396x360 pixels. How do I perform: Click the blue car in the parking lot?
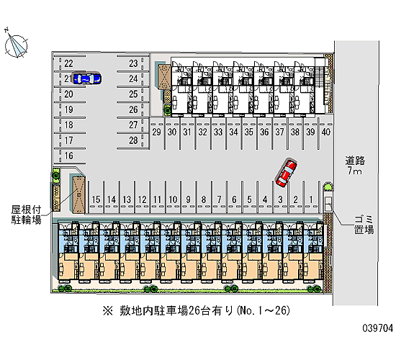click(87, 78)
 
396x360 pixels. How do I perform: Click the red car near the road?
click(286, 173)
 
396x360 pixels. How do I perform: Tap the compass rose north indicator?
click(16, 45)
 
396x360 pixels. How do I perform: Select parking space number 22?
click(68, 63)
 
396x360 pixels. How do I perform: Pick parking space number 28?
click(133, 140)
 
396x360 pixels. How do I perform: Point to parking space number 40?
click(326, 132)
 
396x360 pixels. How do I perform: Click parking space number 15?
click(96, 199)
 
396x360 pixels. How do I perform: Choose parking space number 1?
click(311, 199)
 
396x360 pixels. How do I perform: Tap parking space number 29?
click(156, 132)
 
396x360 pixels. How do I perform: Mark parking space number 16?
click(68, 156)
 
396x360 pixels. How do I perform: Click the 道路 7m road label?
click(355, 166)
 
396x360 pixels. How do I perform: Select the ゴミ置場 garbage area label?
click(364, 225)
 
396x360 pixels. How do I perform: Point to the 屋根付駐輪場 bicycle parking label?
click(26, 215)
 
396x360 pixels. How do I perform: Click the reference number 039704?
click(378, 328)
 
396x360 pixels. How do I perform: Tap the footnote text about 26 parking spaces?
click(197, 310)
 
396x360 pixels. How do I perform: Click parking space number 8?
click(204, 199)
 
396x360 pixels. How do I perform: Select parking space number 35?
click(249, 132)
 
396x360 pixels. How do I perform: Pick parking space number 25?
click(133, 94)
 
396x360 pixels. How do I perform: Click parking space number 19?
click(68, 109)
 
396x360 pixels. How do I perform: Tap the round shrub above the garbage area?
click(328, 186)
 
